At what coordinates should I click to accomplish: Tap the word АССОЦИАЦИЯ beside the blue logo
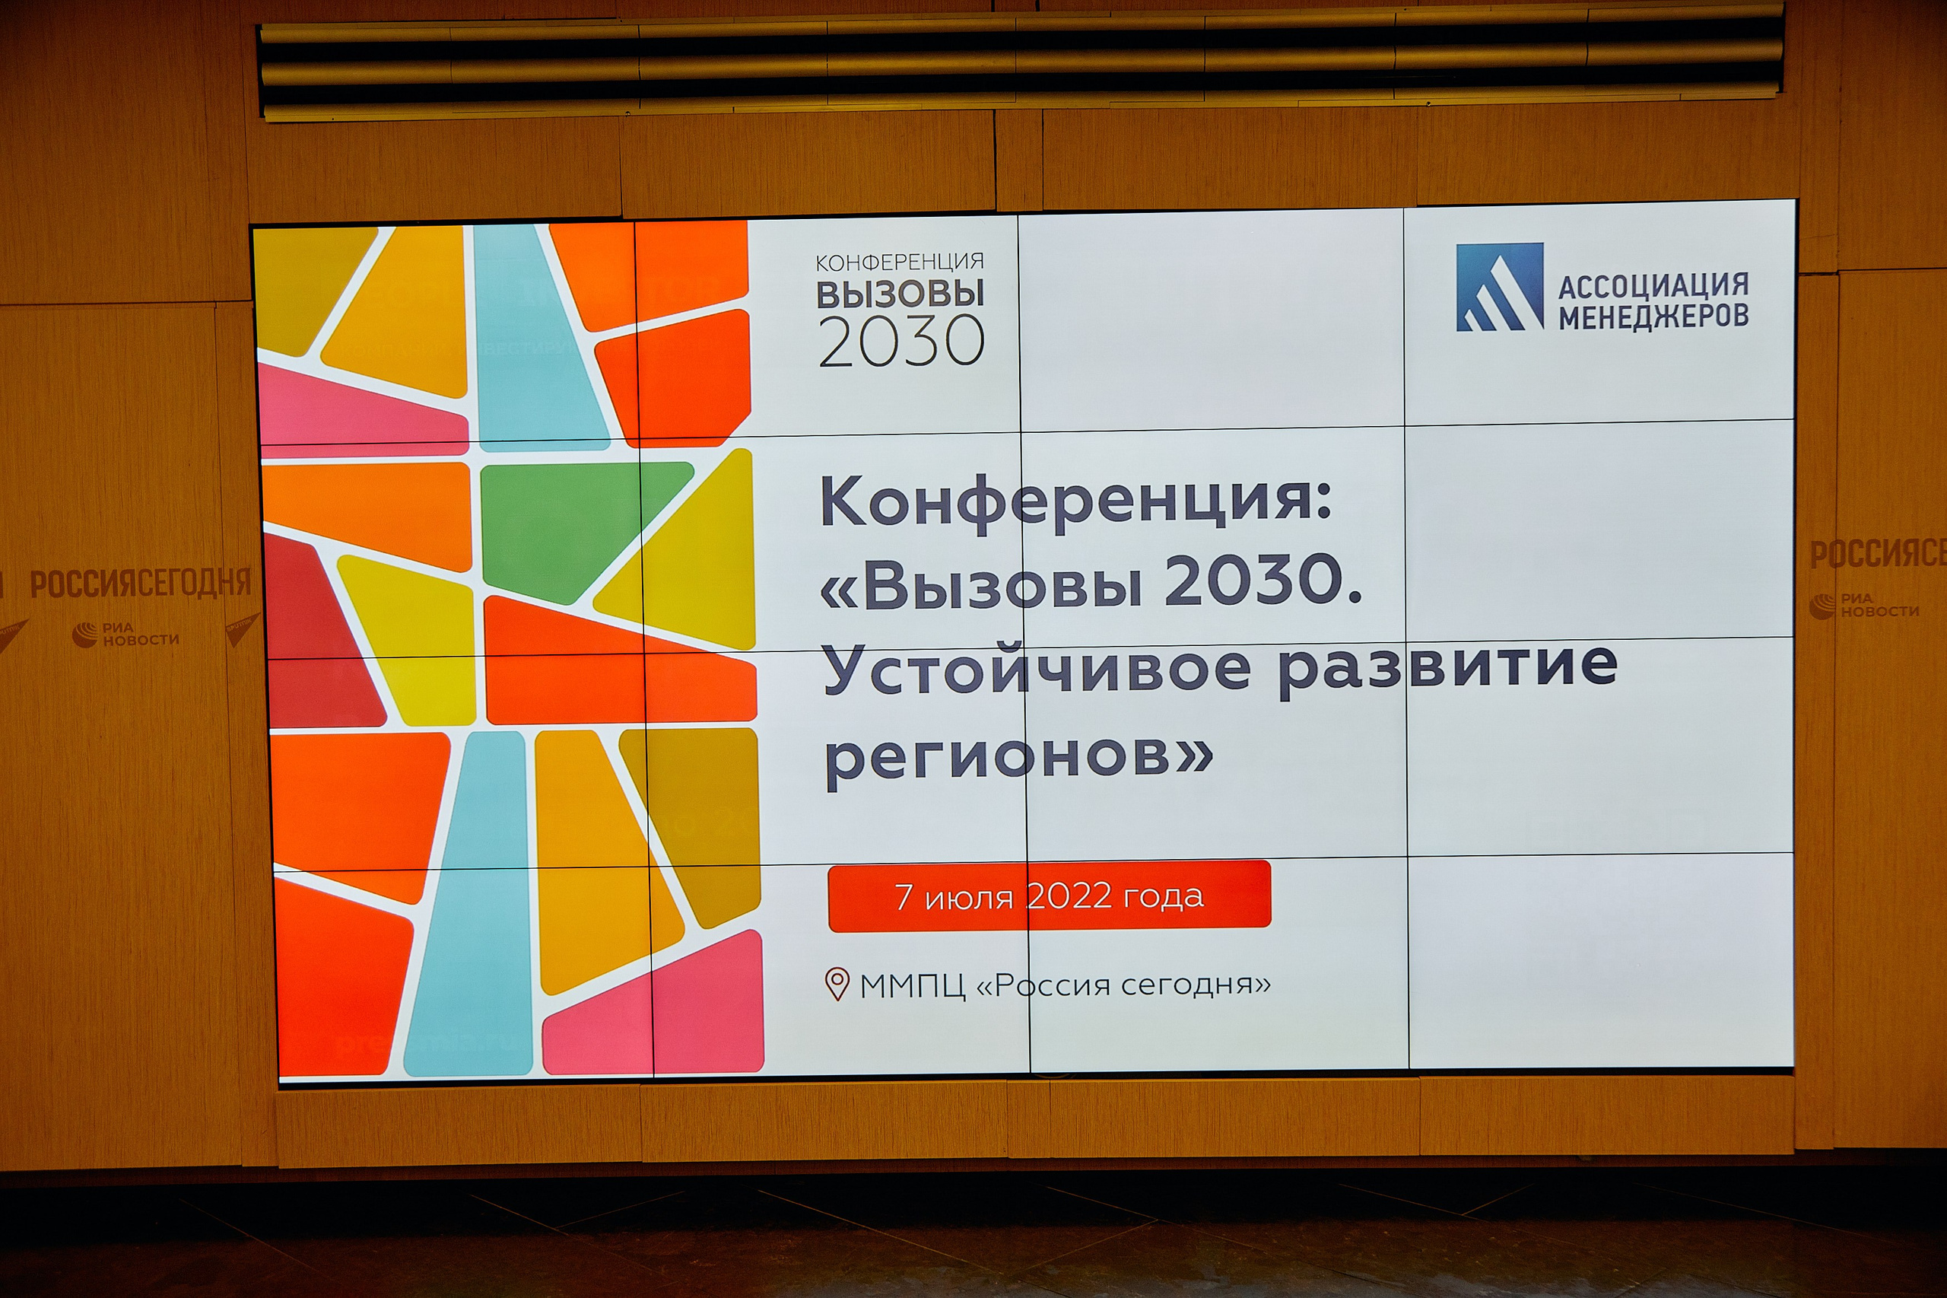coord(1653,285)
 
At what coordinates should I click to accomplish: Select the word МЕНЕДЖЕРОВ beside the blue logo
coord(1653,317)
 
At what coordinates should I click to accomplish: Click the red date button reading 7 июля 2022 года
coord(1048,896)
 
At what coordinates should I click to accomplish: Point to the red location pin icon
coord(837,985)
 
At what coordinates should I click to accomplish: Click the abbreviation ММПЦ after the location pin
coord(913,986)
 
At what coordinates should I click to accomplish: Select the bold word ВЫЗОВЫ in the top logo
coord(900,294)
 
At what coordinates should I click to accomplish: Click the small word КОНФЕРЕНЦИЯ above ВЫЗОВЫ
coord(900,263)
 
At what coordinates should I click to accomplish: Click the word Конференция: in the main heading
coord(1075,501)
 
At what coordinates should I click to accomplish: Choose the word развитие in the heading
coord(1447,666)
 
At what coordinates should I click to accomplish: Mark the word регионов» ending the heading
coord(1018,755)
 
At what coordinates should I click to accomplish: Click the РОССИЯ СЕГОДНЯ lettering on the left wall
coord(141,583)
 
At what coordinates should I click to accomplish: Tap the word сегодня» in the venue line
coord(1196,985)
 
